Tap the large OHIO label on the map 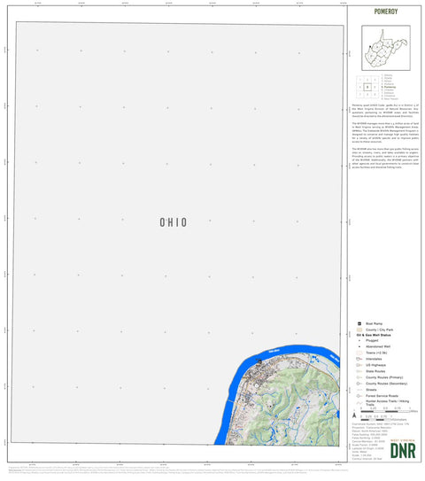pos(173,222)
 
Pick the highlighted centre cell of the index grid pos(367,87)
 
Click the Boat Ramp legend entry pos(376,325)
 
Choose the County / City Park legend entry pos(382,330)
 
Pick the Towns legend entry pos(381,353)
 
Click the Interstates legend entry pos(379,360)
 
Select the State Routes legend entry pos(380,372)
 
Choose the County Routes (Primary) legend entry pos(385,378)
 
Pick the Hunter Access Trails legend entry pos(386,403)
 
